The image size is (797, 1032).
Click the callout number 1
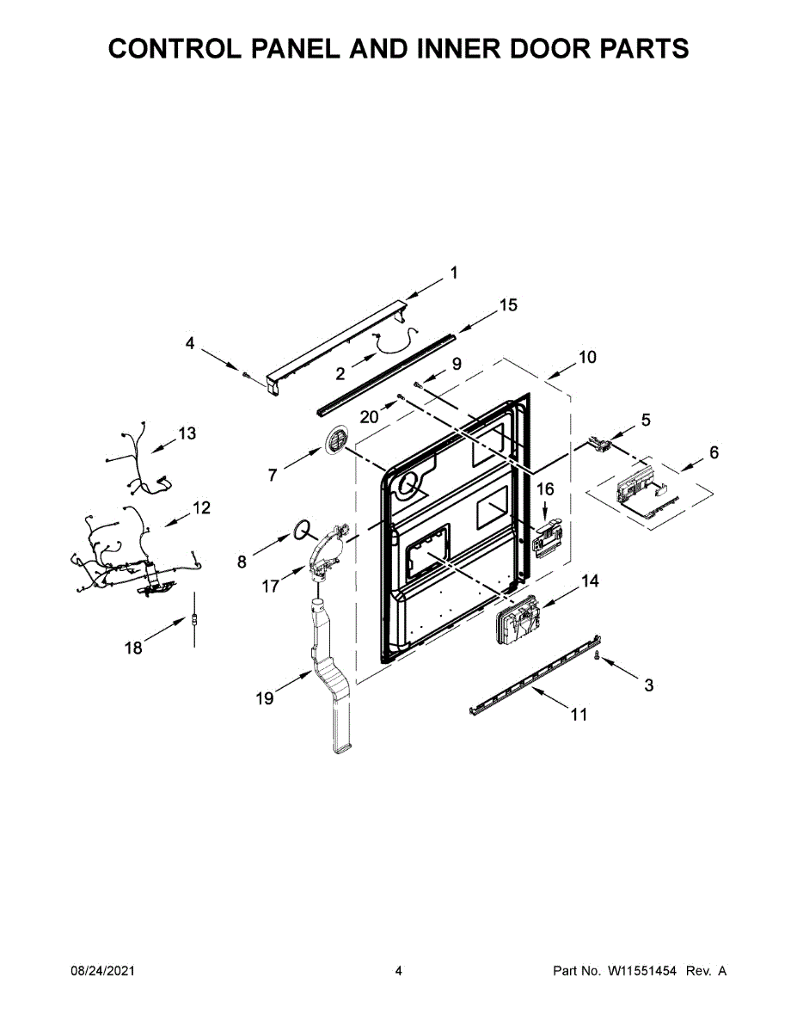coord(454,273)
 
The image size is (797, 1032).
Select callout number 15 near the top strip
coord(508,305)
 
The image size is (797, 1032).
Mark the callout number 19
coord(265,698)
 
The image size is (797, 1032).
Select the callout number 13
coord(187,433)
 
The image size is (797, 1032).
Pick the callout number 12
coord(200,508)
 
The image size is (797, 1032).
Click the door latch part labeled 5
coord(602,445)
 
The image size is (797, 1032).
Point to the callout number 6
coord(714,453)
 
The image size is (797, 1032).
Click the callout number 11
coord(579,715)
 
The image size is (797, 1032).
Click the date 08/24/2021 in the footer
coord(102,971)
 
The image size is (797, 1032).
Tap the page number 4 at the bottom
coord(398,971)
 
